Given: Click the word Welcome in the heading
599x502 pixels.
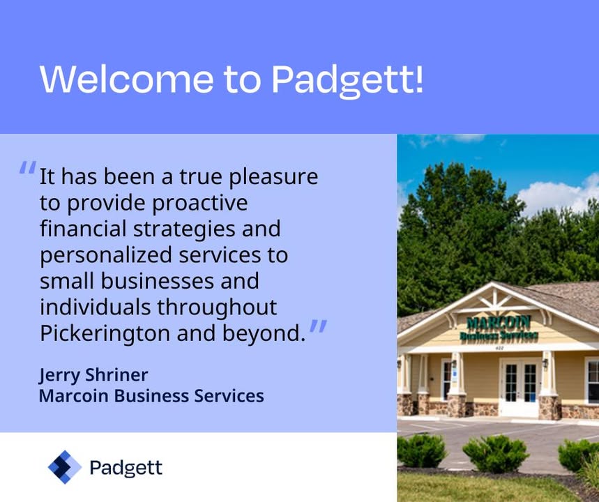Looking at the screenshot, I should [126, 78].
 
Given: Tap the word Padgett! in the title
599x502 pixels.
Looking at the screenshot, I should [347, 79].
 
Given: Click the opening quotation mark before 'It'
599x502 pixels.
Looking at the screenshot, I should [27, 169].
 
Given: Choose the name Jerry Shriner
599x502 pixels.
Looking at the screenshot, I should [93, 375].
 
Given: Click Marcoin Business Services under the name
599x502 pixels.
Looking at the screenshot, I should [151, 396].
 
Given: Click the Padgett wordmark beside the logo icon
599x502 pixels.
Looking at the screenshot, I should [126, 467].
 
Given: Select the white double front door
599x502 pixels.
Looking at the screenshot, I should [520, 388].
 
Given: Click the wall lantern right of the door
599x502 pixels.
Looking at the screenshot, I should [545, 363].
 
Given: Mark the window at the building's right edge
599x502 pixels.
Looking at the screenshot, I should [592, 380].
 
